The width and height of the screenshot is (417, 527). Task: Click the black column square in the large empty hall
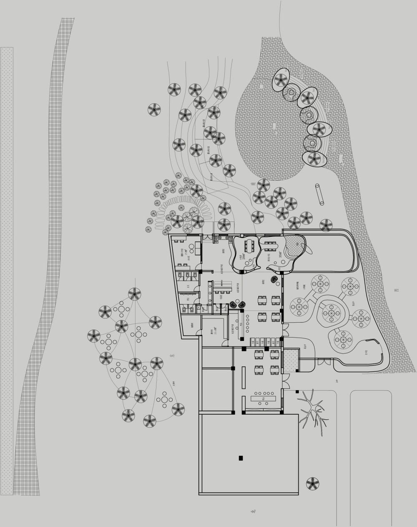point(241,458)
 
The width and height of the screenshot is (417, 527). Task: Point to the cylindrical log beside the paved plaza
point(320,194)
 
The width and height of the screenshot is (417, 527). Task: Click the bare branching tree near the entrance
point(312,410)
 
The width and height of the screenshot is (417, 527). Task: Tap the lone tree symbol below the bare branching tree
point(312,484)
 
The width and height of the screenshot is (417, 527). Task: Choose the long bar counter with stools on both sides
point(264,398)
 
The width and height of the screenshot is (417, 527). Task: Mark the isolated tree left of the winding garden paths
point(154,110)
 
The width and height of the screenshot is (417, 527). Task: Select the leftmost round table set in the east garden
point(299,307)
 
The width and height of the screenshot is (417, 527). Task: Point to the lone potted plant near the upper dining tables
point(275,281)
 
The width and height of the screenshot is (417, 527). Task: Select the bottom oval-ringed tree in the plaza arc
point(314,159)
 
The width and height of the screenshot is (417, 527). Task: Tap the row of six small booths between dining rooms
point(266,341)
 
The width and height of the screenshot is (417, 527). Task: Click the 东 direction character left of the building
point(172,356)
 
